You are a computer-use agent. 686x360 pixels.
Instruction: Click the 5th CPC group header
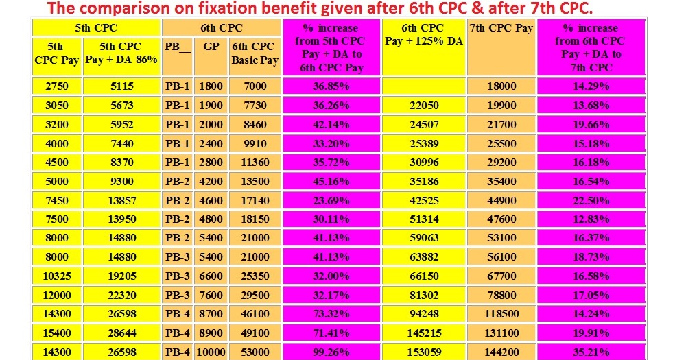pos(96,28)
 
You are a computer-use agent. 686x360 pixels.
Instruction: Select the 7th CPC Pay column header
pos(501,28)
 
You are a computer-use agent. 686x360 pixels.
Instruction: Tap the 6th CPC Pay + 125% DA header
pos(423,34)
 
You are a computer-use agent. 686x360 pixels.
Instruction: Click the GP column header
pos(211,47)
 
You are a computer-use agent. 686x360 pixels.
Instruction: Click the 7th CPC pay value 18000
pos(501,86)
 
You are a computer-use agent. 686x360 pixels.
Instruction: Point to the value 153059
pos(423,352)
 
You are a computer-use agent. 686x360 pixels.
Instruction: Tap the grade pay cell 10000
pos(211,352)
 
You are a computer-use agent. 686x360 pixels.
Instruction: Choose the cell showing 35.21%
pos(591,352)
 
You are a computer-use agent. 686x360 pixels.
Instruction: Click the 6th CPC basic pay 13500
pos(255,182)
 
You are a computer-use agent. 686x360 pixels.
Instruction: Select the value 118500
pos(501,314)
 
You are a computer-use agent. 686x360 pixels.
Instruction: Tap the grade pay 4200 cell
pos(211,182)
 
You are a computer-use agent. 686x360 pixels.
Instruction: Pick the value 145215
pos(423,333)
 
